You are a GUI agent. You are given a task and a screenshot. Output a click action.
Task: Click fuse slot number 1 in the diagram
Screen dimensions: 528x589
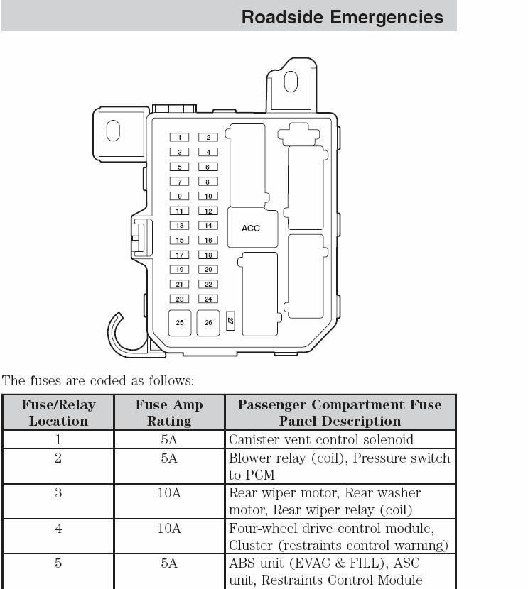tap(179, 137)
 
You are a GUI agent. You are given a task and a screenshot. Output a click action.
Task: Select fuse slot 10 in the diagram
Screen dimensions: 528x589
tap(208, 196)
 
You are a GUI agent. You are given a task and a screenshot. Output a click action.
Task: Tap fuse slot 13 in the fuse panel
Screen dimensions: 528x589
tap(179, 226)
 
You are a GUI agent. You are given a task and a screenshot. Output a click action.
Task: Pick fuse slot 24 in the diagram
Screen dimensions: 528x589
tap(208, 299)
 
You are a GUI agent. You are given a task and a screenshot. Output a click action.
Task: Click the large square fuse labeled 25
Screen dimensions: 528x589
tap(180, 323)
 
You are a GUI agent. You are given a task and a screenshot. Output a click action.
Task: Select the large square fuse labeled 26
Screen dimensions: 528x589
tap(208, 323)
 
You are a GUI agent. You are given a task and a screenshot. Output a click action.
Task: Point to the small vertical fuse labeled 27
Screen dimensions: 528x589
tap(230, 321)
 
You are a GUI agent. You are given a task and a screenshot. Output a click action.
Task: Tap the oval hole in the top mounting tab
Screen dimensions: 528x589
tap(291, 82)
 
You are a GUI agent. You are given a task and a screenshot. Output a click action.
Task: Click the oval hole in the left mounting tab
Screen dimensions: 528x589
tap(113, 131)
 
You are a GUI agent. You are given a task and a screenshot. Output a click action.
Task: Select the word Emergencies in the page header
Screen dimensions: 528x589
tap(387, 17)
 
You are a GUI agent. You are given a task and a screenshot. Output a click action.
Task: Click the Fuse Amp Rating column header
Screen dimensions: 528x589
tap(169, 412)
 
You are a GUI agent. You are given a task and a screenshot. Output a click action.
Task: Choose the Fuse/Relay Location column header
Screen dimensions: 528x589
tap(58, 412)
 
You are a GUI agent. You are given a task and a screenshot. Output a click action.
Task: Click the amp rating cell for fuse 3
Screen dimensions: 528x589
tap(169, 492)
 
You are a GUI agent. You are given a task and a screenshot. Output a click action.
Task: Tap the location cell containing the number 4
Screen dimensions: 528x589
tap(58, 528)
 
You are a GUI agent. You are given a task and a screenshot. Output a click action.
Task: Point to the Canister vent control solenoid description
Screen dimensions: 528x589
tap(321, 439)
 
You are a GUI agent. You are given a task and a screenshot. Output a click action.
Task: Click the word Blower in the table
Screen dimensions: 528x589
tap(249, 458)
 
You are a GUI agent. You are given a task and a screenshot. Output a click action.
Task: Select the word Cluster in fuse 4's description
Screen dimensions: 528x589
tap(251, 545)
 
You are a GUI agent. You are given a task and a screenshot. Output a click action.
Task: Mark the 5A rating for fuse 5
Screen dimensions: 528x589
tap(169, 563)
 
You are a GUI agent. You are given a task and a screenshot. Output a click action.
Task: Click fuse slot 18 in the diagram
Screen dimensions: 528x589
tap(208, 255)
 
